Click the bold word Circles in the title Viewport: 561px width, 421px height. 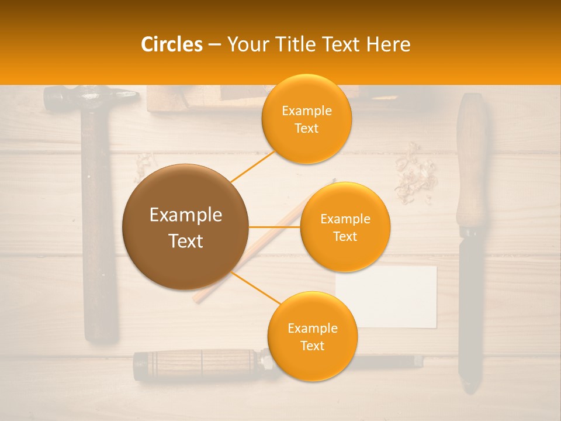pos(171,44)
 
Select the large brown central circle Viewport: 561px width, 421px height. pos(185,227)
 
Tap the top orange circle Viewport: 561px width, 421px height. pos(306,119)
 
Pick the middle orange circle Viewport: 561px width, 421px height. pos(345,227)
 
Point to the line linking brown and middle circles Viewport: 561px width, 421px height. pos(275,227)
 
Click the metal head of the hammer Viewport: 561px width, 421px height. pos(88,97)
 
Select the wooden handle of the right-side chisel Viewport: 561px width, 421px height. pos(472,164)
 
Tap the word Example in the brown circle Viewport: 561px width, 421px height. pos(185,215)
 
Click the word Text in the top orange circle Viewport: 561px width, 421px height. pos(306,128)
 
